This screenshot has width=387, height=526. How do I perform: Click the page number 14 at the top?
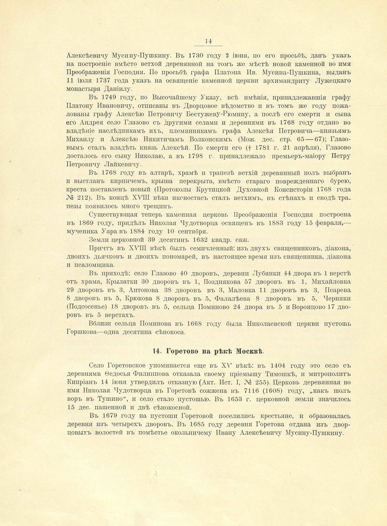(208, 41)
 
